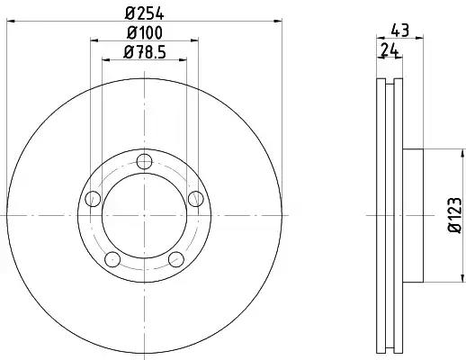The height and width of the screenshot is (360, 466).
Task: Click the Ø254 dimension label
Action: click(144, 13)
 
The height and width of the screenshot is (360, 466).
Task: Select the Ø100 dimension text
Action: click(144, 32)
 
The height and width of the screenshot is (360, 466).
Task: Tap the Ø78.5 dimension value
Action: click(144, 52)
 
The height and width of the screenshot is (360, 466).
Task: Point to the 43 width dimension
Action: click(400, 30)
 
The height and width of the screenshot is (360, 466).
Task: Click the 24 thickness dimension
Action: click(390, 49)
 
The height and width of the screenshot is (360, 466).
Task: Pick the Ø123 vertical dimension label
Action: click(454, 215)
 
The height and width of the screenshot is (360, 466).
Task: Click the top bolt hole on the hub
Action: click(144, 162)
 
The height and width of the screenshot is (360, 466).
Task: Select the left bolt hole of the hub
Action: click(93, 199)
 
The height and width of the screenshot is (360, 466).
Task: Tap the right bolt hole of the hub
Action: click(196, 199)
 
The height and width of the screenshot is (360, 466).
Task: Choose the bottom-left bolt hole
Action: click(112, 259)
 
